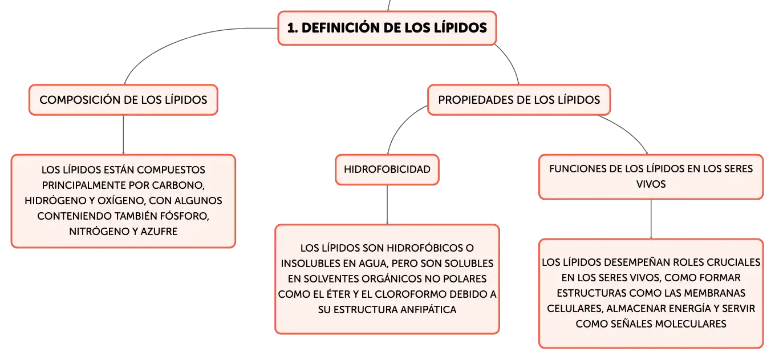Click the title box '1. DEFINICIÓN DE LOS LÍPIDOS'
point(387,28)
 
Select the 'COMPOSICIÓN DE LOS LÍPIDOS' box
point(123,100)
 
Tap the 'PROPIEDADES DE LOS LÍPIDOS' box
point(519,100)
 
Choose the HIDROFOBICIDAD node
point(387,169)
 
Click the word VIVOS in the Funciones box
point(651,184)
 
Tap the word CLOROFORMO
point(414,294)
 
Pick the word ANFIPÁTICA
point(428,310)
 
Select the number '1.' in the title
point(293,28)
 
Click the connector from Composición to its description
point(123,135)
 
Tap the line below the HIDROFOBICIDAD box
point(387,205)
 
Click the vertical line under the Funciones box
point(651,219)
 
